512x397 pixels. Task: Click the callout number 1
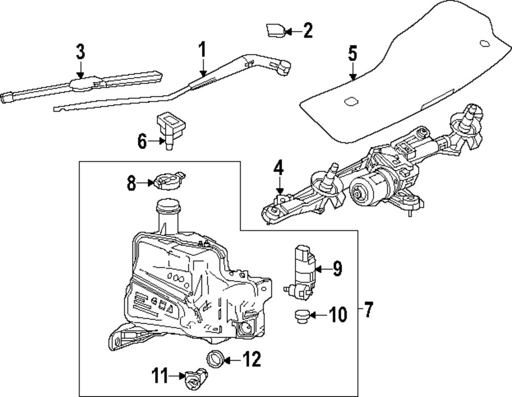pyautogui.click(x=202, y=51)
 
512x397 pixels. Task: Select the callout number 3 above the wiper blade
pyautogui.click(x=80, y=52)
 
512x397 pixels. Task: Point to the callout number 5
pyautogui.click(x=352, y=54)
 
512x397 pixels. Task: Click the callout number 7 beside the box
pyautogui.click(x=369, y=309)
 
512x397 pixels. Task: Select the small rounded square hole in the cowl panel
pyautogui.click(x=352, y=101)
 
